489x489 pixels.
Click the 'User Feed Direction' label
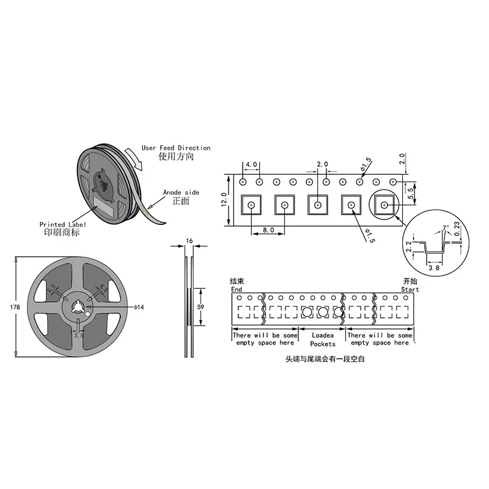[x=176, y=148]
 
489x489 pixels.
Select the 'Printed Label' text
[x=63, y=224]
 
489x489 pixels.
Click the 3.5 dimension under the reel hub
[x=79, y=335]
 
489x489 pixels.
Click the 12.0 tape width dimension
[x=224, y=200]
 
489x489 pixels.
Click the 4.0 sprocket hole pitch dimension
[x=251, y=165]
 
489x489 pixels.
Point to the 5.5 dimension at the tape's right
[x=411, y=192]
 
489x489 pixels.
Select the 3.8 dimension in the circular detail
[x=434, y=267]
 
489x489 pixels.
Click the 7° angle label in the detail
[x=445, y=229]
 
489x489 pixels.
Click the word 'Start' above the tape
[x=410, y=289]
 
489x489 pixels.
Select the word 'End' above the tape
[x=237, y=289]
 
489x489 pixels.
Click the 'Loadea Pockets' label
[x=323, y=340]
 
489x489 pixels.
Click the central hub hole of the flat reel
[x=79, y=307]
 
